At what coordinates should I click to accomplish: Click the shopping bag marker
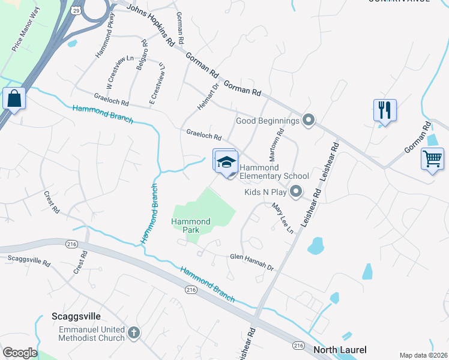coord(14,98)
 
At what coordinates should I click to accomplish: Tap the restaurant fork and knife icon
coord(385,110)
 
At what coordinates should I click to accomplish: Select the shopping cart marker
coord(432,159)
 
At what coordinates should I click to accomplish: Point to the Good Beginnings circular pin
coord(309,121)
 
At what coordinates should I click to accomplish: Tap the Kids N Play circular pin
coord(295,193)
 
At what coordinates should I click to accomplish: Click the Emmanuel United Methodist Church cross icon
coord(134,332)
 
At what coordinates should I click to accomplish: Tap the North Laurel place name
coord(340,350)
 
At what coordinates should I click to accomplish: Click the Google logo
coord(20,353)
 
